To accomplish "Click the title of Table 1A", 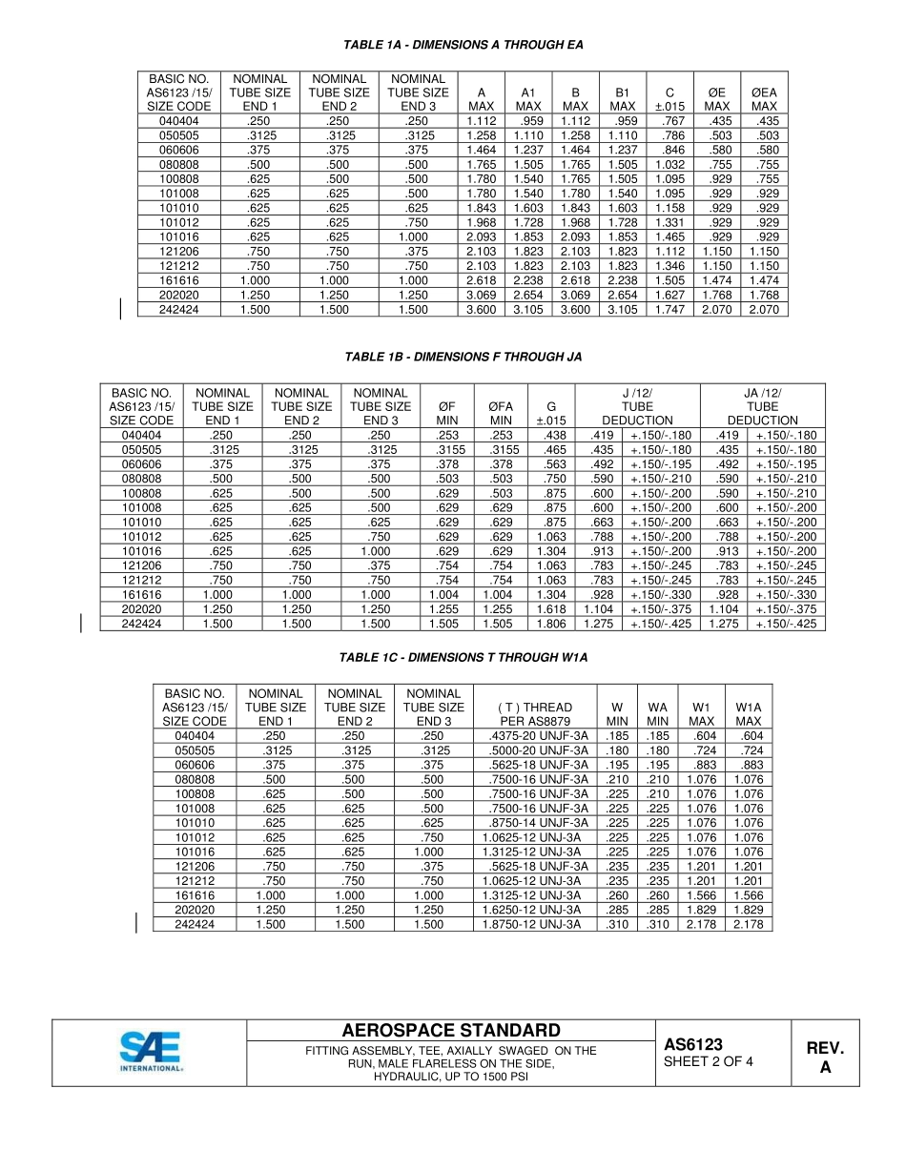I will pos(463,45).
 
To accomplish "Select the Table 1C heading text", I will pos(463,658).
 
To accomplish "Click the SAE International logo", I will pos(150,1053).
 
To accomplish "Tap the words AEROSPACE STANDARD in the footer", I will pos(451,1031).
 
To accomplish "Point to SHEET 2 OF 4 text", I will pos(708,1062).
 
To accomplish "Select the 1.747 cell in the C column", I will pos(669,310).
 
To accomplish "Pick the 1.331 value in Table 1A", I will pos(669,222).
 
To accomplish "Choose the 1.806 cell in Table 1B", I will pos(550,624).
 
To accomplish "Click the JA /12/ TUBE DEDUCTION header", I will pos(762,406).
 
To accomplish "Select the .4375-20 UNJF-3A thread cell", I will pos(534,736).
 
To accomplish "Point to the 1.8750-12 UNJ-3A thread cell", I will pos(534,924).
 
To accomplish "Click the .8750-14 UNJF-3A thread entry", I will pos(534,823).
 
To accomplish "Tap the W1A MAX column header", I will pos(748,714).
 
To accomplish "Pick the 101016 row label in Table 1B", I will pos(141,551).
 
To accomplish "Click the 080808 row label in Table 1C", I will pos(195,779).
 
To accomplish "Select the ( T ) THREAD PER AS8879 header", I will pos(534,714).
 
